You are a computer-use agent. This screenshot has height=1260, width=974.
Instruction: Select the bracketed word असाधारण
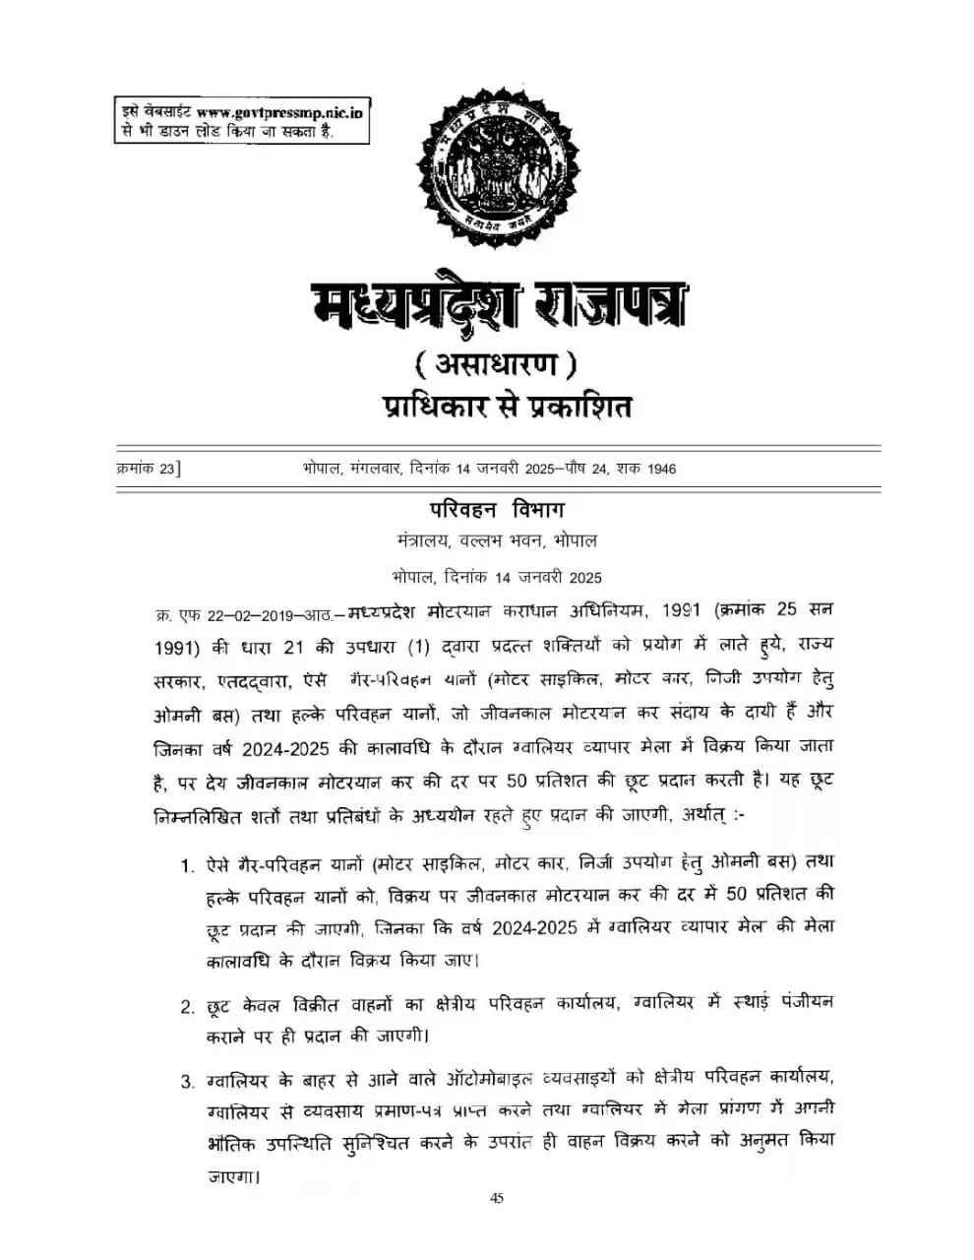click(495, 365)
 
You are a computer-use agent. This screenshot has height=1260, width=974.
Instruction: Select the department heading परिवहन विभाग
click(496, 509)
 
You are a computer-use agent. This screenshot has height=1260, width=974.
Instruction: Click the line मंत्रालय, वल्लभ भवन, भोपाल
click(496, 541)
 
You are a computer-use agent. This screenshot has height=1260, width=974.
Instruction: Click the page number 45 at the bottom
click(496, 1198)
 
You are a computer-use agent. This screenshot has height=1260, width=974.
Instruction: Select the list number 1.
click(186, 865)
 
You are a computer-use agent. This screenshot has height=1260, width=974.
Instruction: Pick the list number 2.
click(186, 1005)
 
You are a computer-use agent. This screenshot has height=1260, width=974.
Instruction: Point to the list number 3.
click(186, 1083)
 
